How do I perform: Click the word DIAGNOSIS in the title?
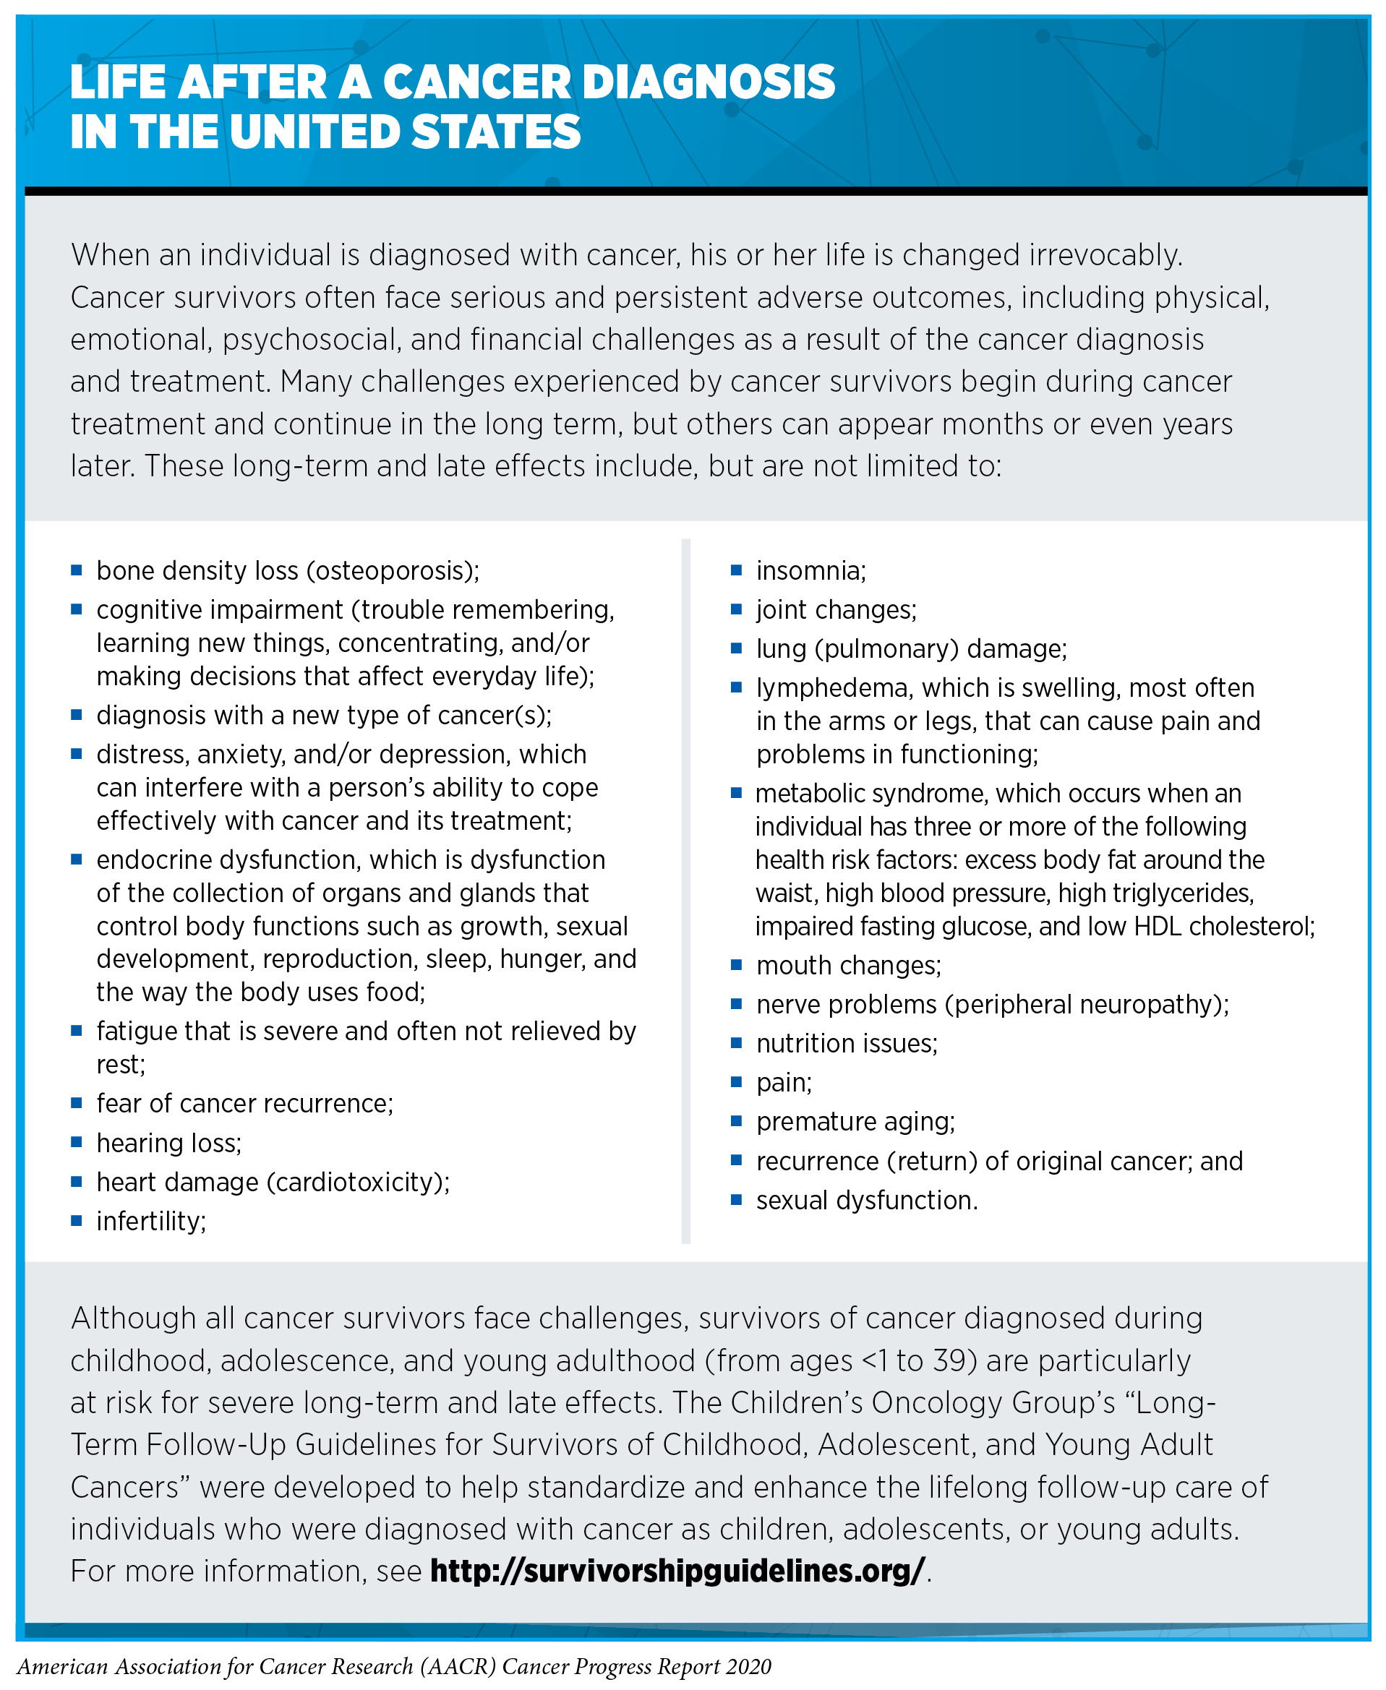point(709,82)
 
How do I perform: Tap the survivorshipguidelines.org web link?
point(677,1570)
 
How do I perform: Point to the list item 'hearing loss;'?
point(168,1143)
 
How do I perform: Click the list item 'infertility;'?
point(151,1221)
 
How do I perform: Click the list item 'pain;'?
point(784,1083)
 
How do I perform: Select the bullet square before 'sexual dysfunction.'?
point(736,1199)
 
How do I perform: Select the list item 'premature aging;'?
point(855,1122)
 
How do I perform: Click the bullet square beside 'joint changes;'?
point(736,609)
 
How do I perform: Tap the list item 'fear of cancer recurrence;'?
point(244,1103)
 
